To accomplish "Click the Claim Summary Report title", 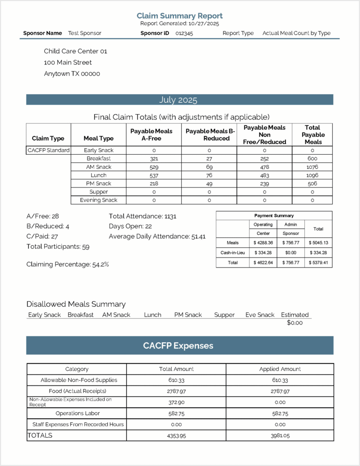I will [179, 16].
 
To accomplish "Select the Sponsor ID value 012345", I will [184, 33].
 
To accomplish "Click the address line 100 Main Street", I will [68, 62].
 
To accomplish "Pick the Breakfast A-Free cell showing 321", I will [154, 159].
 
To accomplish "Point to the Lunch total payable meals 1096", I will [312, 175].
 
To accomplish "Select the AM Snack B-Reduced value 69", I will [209, 167].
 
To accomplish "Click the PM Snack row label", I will [99, 183].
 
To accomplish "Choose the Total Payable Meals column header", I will [312, 135].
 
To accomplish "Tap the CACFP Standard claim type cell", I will [48, 150].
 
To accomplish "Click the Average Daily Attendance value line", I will [157, 237].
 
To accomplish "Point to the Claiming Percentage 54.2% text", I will [67, 264].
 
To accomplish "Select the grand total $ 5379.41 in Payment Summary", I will [318, 263].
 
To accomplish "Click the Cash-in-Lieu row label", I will [232, 253].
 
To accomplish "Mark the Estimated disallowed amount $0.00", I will [294, 323].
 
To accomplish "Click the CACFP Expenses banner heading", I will [178, 346].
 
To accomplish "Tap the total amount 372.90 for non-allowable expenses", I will [176, 402].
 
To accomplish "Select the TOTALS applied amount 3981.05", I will [280, 436].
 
